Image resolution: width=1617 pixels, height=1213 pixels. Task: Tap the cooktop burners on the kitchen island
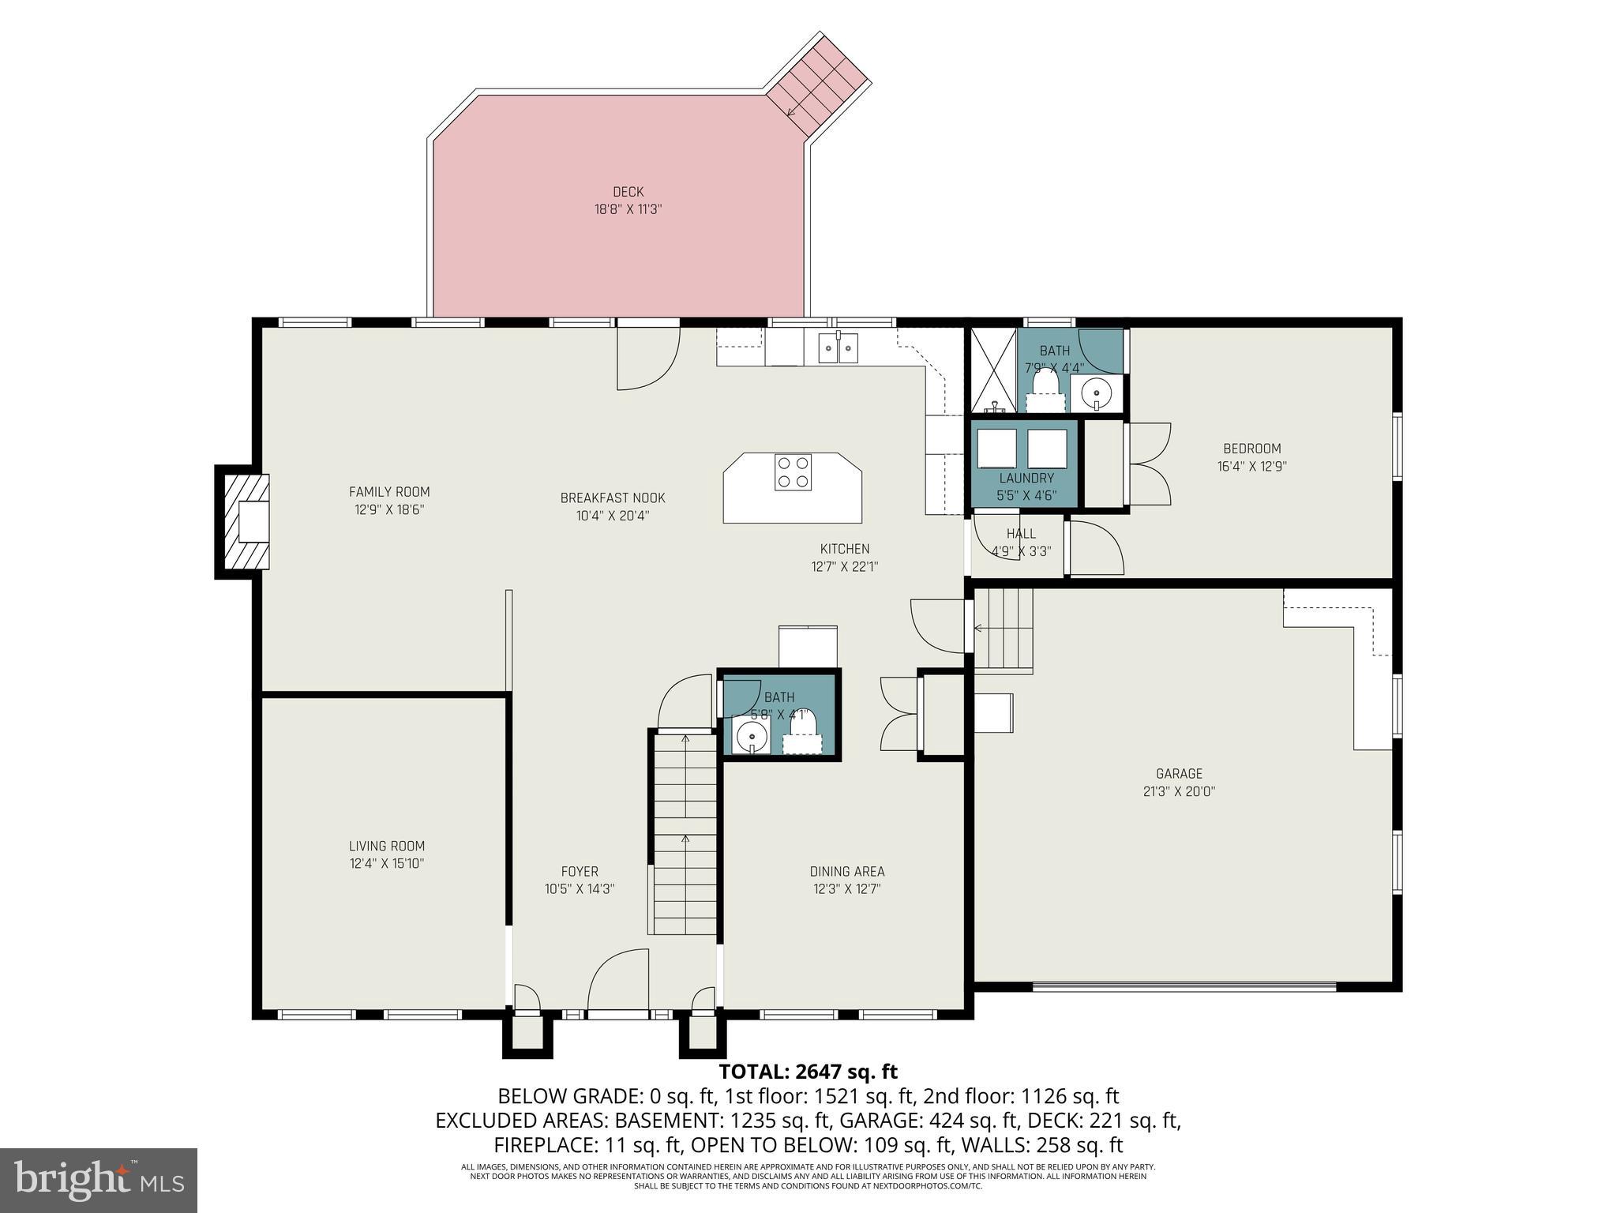point(793,472)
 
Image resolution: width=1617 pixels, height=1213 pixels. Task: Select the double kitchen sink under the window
point(838,348)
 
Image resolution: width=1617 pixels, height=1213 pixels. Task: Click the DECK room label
point(628,192)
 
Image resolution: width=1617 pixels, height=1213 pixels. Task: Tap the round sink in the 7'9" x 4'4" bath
point(1097,392)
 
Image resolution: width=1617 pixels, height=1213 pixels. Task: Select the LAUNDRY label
point(1026,479)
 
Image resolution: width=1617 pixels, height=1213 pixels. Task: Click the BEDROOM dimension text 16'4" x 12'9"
point(1251,467)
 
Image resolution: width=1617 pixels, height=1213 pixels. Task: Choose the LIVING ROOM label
point(387,846)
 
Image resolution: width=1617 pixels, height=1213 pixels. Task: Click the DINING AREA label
point(846,872)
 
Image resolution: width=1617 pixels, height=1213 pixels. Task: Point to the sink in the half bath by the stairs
point(750,737)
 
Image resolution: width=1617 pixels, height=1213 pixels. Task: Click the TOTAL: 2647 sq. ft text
point(808,1072)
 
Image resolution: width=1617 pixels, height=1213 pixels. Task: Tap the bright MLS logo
point(99,1181)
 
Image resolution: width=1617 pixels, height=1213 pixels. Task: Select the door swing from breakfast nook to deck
point(647,359)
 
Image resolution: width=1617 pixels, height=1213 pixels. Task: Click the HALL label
point(1021,534)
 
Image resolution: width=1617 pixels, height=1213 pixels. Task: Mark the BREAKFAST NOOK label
point(613,498)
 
